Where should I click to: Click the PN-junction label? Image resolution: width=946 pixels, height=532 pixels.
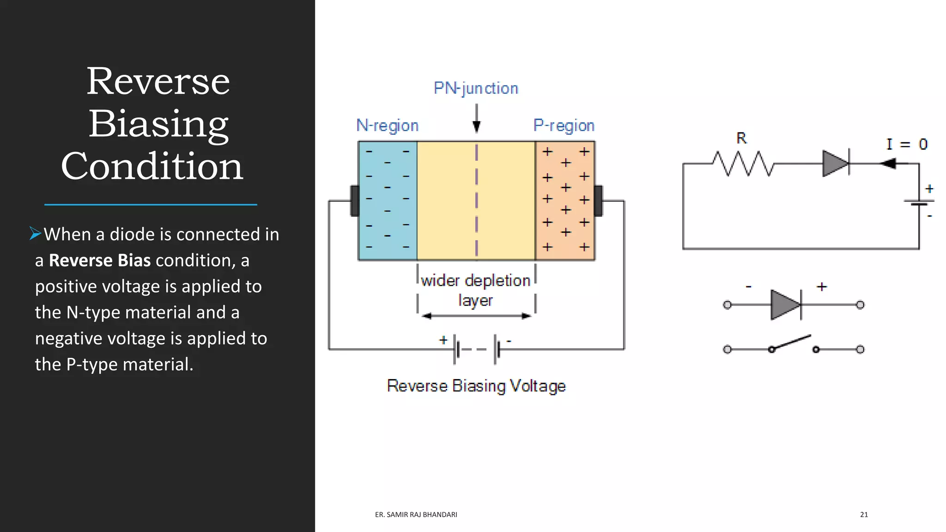pos(476,88)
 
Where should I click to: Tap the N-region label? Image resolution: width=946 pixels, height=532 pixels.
pos(387,126)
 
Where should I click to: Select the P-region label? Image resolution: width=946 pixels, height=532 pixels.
pos(564,126)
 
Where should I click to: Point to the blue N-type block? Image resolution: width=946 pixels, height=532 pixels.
pos(388,201)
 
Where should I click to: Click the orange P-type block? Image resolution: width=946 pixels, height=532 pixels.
pos(565,201)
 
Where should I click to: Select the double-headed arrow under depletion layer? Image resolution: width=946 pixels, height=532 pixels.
pos(476,316)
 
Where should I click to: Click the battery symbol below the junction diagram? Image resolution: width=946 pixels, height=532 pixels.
pos(476,350)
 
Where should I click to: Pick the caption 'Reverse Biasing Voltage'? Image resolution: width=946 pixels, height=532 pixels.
pos(476,386)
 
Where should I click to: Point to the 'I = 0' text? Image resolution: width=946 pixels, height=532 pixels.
pos(907,144)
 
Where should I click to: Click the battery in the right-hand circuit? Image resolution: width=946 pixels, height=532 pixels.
pos(919,202)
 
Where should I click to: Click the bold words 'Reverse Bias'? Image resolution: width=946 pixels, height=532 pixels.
pos(100,260)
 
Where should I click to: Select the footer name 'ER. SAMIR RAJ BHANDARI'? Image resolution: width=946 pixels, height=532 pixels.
pos(416,514)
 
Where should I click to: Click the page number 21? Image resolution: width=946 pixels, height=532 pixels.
pos(864,514)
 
